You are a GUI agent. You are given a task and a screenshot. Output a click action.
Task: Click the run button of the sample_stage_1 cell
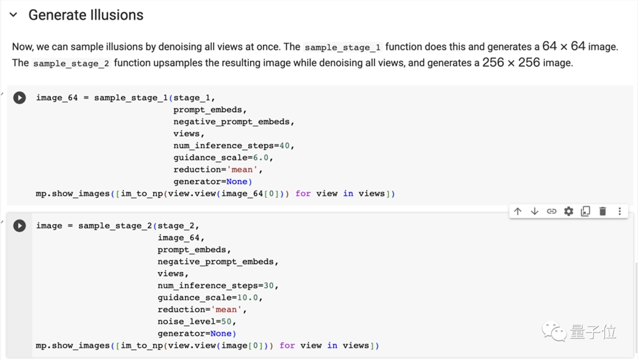coord(19,98)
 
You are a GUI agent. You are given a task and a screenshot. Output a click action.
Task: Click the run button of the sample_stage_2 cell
coord(19,225)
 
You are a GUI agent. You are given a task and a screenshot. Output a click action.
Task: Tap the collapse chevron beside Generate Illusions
coord(13,15)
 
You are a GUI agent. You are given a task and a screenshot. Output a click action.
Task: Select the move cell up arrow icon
coord(517,211)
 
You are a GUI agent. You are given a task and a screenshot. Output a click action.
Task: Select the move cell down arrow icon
coord(535,211)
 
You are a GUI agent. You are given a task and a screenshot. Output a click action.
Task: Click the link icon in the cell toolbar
coord(551,211)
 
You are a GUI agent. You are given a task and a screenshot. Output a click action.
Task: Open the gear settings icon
coord(568,211)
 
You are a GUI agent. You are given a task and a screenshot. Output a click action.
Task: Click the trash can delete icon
coord(603,211)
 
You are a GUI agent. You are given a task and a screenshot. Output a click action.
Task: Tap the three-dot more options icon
coord(619,211)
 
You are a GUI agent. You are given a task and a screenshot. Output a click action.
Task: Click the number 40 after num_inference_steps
coord(285,146)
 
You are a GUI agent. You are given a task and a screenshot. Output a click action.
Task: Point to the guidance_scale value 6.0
coord(261,158)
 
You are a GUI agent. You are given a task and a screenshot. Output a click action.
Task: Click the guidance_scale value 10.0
coord(248,297)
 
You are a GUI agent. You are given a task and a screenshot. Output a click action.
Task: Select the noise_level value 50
coord(226,322)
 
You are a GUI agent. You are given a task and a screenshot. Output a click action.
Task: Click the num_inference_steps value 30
coord(269,286)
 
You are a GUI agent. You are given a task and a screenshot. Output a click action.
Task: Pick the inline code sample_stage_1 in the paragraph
coord(343,48)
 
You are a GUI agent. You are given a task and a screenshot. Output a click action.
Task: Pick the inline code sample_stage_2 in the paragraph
coord(71,64)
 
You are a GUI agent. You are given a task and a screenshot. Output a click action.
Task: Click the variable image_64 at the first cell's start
coord(57,98)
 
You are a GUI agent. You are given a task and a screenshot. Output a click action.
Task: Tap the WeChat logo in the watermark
coord(554,331)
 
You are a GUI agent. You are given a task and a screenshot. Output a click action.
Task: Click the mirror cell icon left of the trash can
coord(586,211)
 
